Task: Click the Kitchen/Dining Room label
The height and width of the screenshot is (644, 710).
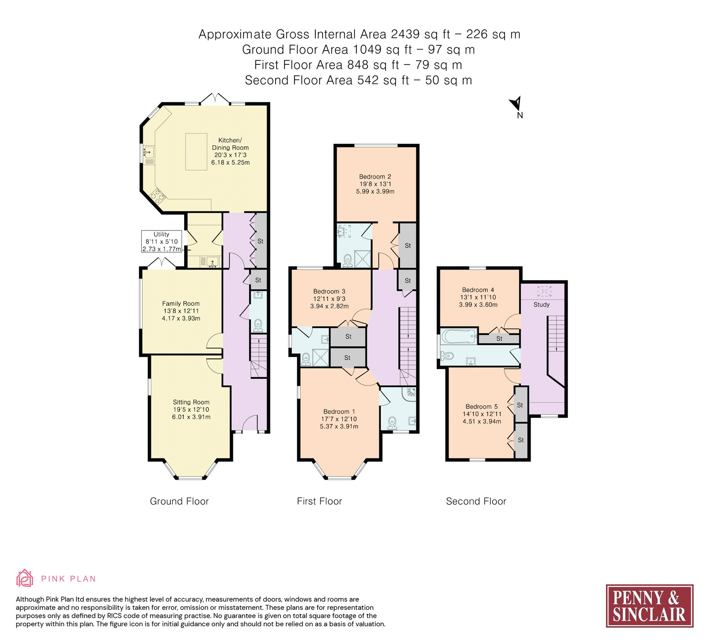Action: pos(230,144)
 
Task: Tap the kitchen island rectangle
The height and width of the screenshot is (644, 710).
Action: pos(196,151)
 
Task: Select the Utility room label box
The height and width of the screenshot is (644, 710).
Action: pos(162,241)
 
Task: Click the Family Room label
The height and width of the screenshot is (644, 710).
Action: pos(181,304)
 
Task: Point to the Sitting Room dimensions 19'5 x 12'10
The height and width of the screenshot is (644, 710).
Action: pos(191,409)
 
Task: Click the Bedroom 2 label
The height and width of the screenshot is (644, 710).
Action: pos(375,177)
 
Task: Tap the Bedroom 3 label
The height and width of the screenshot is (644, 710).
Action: pos(329,291)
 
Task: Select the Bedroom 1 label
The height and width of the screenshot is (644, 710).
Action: pos(339,412)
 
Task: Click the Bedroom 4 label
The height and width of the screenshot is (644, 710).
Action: pos(478,290)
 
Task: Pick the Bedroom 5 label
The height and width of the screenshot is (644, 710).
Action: pos(482,406)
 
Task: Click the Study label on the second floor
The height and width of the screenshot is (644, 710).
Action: pos(541,305)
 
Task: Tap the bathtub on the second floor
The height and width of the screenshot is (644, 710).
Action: pos(458,336)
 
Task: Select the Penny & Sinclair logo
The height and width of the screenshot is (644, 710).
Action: pos(650,606)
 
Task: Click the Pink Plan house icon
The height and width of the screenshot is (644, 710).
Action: pos(25,578)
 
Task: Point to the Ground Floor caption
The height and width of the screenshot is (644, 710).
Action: pos(179,501)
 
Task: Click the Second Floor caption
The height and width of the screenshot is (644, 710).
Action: pos(476,501)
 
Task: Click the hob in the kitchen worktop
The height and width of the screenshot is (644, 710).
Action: pos(158,195)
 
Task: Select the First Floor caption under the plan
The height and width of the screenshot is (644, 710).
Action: pos(319,501)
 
